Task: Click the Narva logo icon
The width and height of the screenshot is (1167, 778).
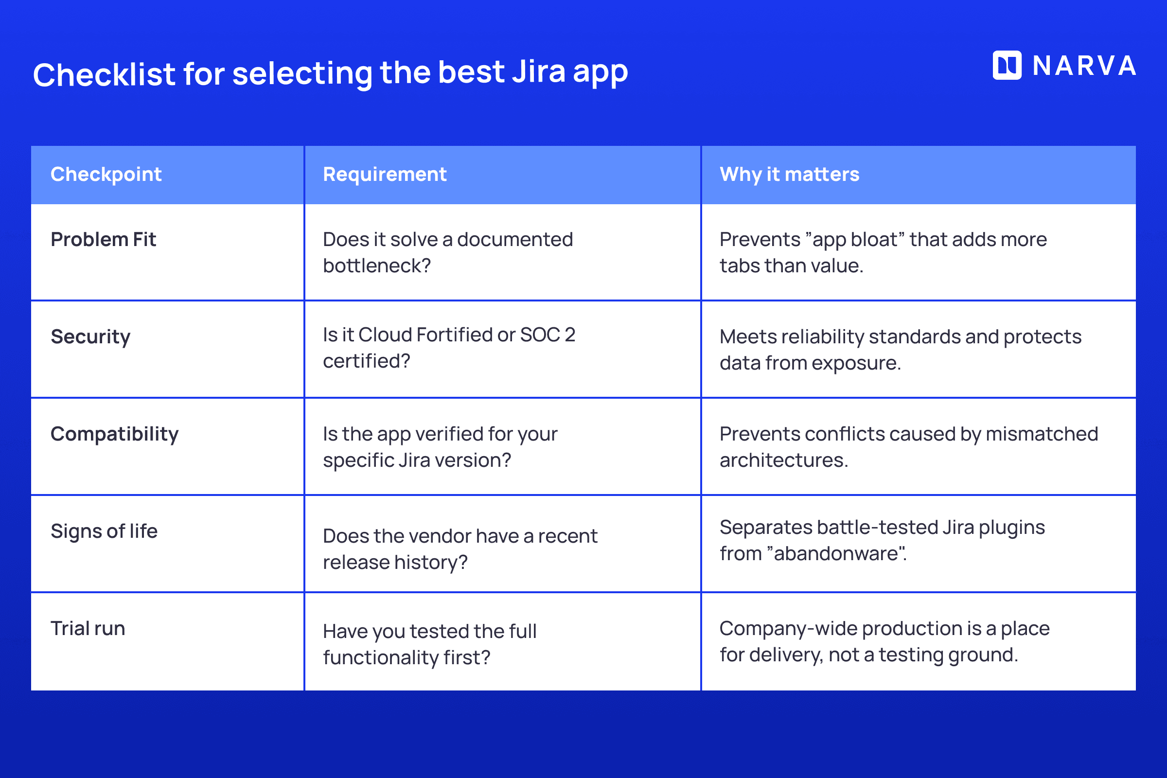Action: [x=1007, y=65]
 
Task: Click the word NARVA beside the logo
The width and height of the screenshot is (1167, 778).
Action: [x=1084, y=66]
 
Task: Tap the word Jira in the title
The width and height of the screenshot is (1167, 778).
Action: [x=538, y=72]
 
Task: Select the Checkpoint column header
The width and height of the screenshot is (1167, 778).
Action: [x=106, y=174]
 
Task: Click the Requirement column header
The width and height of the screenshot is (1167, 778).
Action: [x=385, y=174]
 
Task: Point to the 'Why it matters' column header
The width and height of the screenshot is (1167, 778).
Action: [x=789, y=174]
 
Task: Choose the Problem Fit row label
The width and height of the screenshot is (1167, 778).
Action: [x=103, y=240]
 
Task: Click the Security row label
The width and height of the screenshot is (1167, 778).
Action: [x=90, y=337]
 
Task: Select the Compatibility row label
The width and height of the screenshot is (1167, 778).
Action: [x=115, y=434]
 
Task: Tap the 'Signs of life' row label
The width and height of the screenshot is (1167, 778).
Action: [x=104, y=531]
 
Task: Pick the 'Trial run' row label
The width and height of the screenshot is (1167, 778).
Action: [x=88, y=629]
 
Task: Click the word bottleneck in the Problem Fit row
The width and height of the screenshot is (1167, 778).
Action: [x=376, y=266]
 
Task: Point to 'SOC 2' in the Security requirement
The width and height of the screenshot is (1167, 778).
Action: [x=548, y=335]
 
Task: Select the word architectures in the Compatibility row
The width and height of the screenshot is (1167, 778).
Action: [x=783, y=460]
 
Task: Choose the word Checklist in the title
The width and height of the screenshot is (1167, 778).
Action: [x=104, y=74]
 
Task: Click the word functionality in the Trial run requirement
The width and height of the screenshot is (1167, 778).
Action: [x=380, y=658]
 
